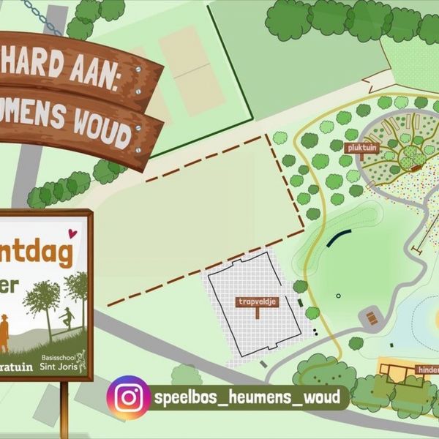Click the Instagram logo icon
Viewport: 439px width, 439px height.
pyautogui.click(x=129, y=397)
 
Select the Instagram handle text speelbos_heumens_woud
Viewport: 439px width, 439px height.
pyautogui.click(x=247, y=397)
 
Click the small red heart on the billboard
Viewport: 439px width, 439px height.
pyautogui.click(x=72, y=234)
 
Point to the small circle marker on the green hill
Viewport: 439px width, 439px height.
pyautogui.click(x=338, y=296)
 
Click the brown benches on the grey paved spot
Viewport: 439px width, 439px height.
pyautogui.click(x=372, y=317)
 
